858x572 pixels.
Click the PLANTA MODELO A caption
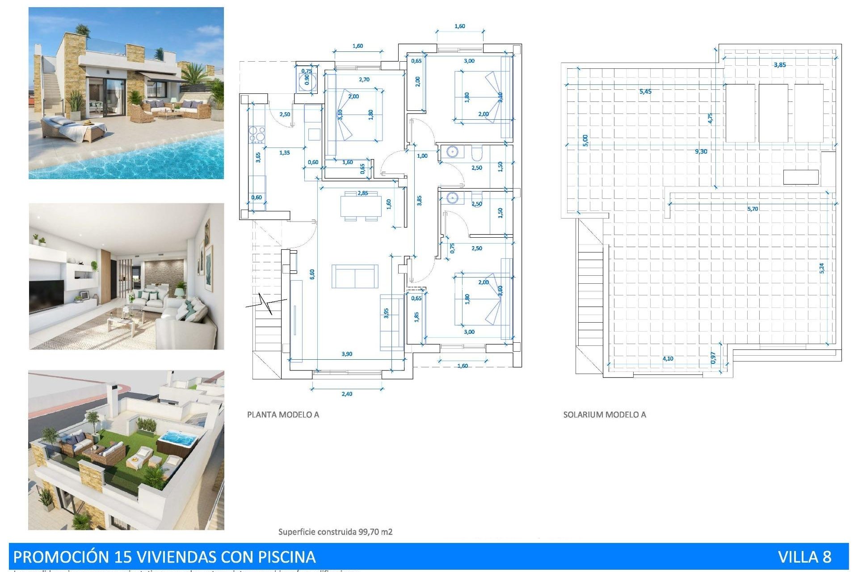(x=283, y=415)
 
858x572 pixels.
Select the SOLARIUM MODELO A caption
(x=604, y=415)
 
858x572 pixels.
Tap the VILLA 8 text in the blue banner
(x=804, y=557)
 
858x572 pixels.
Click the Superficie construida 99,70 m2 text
(x=335, y=532)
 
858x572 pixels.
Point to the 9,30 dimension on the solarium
(x=701, y=151)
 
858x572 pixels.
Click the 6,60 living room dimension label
(x=312, y=274)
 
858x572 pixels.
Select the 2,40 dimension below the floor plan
(x=347, y=394)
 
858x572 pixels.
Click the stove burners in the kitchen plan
(x=257, y=135)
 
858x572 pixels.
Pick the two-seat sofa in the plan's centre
(x=355, y=276)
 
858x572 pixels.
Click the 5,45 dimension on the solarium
(x=645, y=91)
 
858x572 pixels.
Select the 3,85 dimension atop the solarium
(x=780, y=65)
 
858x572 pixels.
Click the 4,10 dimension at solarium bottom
(x=668, y=358)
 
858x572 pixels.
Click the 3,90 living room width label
(x=347, y=354)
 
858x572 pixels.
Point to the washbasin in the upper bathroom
(x=452, y=152)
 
